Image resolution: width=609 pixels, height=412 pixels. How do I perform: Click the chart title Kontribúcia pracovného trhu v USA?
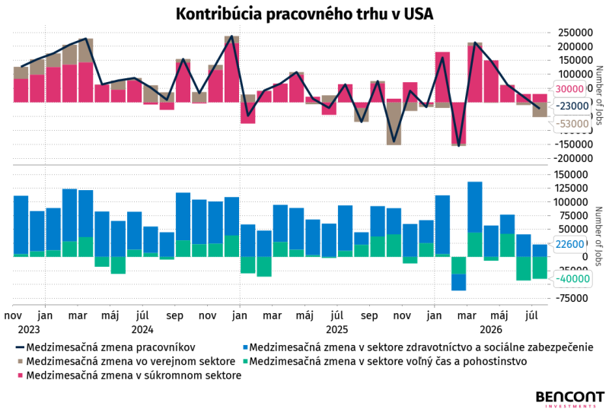[x=304, y=14]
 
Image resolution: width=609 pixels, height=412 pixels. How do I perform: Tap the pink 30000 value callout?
[x=569, y=89]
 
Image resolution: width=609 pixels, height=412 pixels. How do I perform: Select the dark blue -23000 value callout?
[x=572, y=106]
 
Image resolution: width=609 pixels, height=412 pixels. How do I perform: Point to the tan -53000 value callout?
[x=572, y=124]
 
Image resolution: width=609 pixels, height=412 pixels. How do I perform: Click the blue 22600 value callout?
[x=569, y=244]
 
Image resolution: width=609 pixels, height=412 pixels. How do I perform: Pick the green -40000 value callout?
[x=572, y=278]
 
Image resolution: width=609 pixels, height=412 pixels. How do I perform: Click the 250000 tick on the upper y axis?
[x=576, y=33]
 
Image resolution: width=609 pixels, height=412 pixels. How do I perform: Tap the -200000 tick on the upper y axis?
[x=573, y=158]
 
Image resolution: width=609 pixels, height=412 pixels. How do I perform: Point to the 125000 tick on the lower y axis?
[x=576, y=189]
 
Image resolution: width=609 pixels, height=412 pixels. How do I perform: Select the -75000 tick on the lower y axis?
[x=573, y=298]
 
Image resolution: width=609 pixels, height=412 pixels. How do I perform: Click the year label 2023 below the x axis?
[x=29, y=330]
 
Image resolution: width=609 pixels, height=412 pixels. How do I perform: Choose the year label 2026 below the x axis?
[x=491, y=330]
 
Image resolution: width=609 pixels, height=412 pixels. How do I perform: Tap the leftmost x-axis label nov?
[x=13, y=315]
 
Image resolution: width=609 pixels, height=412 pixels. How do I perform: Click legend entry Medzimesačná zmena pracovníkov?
[x=105, y=347]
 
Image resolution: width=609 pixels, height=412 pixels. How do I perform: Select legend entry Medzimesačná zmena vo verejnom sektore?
[x=126, y=362]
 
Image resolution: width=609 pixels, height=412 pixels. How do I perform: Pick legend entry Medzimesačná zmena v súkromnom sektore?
[x=129, y=376]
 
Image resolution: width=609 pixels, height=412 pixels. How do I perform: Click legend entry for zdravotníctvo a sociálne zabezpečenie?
[x=417, y=347]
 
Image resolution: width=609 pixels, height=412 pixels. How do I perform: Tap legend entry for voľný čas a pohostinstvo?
[x=384, y=362]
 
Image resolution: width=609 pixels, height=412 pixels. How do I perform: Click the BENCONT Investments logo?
[x=570, y=399]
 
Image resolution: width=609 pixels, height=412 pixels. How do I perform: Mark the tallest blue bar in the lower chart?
[x=475, y=208]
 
